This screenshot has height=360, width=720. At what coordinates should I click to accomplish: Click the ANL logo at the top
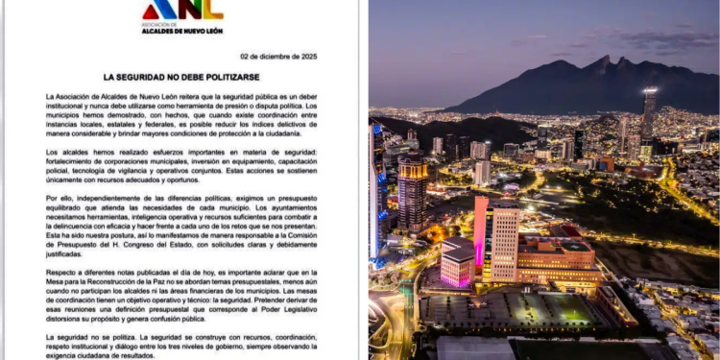tap(182, 11)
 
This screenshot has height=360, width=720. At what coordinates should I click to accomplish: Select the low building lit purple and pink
tap(459, 261)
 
